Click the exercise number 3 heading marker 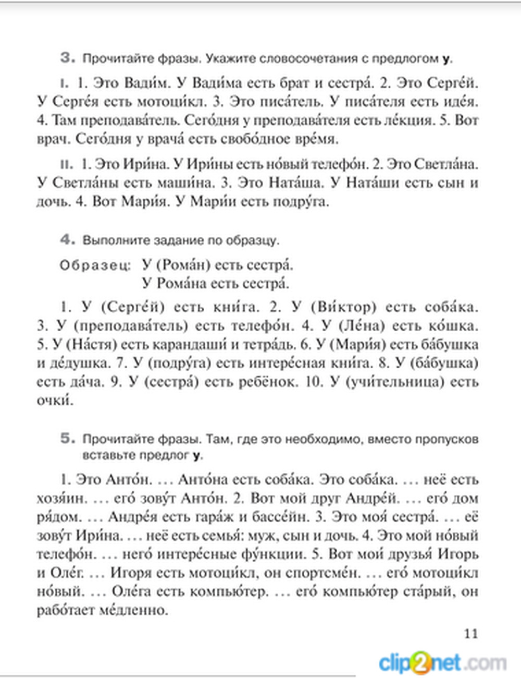point(68,57)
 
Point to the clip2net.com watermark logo point(442,663)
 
